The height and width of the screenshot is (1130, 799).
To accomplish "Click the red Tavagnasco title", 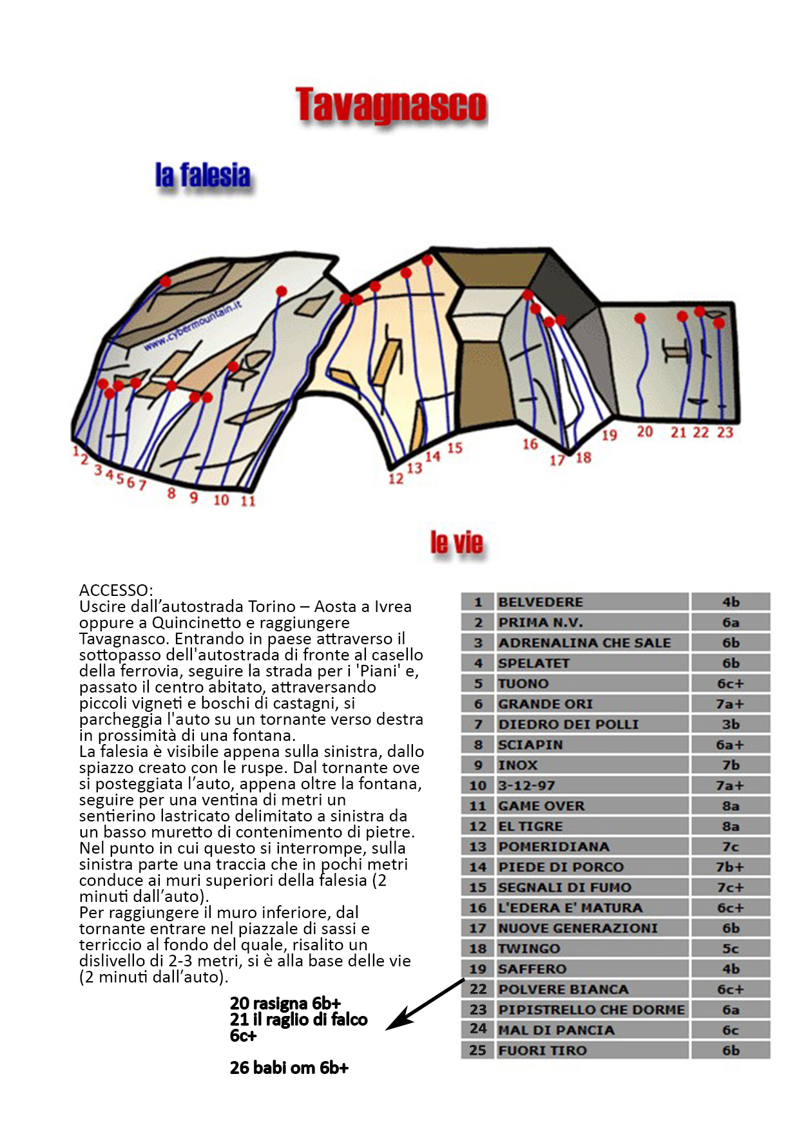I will (391, 106).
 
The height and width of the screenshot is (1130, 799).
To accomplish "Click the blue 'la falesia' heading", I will (202, 176).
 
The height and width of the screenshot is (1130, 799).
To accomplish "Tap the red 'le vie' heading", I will (456, 543).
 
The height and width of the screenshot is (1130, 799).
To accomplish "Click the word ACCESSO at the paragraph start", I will (116, 590).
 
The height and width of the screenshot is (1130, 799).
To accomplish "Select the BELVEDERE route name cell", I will (592, 602).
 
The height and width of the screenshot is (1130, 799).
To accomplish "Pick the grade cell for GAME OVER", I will (730, 806).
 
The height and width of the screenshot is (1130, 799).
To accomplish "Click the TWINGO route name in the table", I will (592, 949).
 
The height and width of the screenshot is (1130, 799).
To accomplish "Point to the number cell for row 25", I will (477, 1051).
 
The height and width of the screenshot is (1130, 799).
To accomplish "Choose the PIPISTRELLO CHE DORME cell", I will (592, 1010).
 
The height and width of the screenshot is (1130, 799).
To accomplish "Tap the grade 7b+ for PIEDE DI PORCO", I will (730, 867).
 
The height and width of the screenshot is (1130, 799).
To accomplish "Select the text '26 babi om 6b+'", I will (289, 1068).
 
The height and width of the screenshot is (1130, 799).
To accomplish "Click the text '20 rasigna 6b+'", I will (285, 1004).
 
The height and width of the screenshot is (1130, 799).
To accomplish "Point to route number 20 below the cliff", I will (644, 432).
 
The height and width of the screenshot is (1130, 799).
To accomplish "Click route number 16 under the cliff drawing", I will (530, 444).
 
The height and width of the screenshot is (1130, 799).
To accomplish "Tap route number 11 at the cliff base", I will (248, 501).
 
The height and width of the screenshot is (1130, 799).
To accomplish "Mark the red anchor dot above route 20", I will (640, 318).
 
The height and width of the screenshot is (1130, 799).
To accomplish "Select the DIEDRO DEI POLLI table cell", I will (592, 725).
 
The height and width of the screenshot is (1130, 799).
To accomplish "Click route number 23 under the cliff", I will (725, 432).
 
